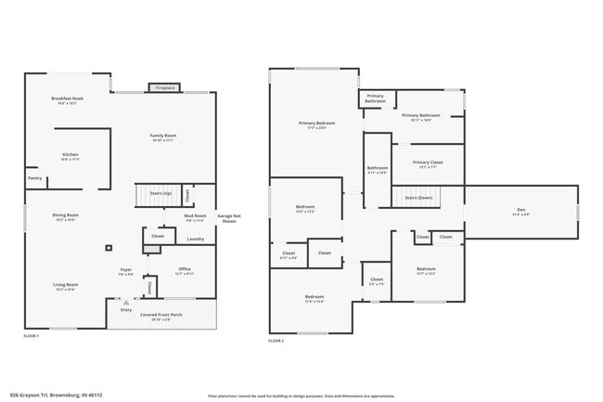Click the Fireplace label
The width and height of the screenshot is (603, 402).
[165, 88]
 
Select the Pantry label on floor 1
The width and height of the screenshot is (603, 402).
[34, 178]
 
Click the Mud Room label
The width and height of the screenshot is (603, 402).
[195, 217]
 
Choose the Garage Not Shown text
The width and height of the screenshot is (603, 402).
[227, 219]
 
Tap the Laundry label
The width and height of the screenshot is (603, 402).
[195, 240]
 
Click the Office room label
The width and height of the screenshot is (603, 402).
[184, 271]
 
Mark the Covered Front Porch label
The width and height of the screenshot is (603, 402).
[161, 316]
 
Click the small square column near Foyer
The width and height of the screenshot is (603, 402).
[109, 248]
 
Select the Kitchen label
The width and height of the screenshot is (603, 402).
[70, 156]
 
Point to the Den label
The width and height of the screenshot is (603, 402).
[520, 212]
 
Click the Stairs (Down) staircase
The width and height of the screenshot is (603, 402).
[419, 197]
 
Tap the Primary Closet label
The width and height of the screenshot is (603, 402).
[428, 163]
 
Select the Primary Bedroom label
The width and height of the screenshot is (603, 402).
[316, 124]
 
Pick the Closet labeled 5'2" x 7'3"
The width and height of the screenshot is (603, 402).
[377, 280]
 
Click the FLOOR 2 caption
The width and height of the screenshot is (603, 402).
[276, 342]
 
